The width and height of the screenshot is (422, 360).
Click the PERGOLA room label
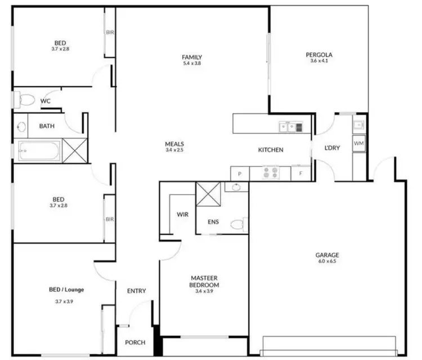319,55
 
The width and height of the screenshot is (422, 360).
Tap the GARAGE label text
327,255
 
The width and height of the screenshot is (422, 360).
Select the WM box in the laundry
359,144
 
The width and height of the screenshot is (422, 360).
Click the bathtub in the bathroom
40,150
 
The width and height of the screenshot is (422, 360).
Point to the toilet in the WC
25,101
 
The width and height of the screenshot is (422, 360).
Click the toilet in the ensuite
238,225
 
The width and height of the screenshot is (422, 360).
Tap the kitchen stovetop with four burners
270,173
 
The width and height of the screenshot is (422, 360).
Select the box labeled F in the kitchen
301,173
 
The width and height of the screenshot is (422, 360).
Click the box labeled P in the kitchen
240,174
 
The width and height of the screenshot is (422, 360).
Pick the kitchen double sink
291,127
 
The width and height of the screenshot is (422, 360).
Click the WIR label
182,214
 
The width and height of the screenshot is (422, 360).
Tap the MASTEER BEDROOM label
204,281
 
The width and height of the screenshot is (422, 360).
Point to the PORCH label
135,343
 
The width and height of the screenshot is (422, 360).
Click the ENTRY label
136,291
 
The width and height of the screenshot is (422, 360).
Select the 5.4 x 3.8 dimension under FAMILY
192,64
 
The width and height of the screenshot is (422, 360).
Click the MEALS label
175,143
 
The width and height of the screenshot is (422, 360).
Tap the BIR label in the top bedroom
110,33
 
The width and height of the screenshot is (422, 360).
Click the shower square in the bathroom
74,150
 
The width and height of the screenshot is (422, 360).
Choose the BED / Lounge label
66,290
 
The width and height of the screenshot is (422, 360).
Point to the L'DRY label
332,148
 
